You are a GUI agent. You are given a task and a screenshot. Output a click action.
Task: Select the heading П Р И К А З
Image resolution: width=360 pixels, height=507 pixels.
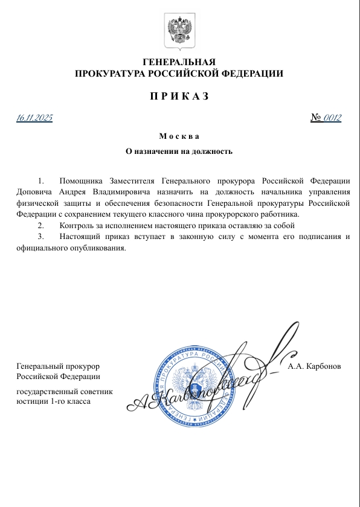pyautogui.click(x=179, y=97)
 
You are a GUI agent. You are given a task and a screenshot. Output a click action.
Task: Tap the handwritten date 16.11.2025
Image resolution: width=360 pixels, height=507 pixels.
pyautogui.click(x=34, y=118)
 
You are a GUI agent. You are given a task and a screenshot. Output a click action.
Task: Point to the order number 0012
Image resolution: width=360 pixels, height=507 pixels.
pyautogui.click(x=333, y=118)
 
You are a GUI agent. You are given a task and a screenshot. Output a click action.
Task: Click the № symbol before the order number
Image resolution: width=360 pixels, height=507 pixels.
pyautogui.click(x=316, y=118)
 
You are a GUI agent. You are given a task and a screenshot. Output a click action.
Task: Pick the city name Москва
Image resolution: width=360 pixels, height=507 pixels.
pyautogui.click(x=179, y=136)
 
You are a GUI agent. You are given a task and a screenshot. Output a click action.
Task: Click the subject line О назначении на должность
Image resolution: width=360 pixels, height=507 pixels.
pyautogui.click(x=179, y=151)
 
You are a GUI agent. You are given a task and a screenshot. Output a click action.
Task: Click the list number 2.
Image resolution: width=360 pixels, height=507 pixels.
pyautogui.click(x=40, y=225)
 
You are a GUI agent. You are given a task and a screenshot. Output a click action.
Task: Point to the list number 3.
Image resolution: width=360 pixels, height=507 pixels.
pyautogui.click(x=40, y=236)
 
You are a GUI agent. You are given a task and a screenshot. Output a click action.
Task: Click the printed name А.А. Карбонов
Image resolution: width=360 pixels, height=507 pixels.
pyautogui.click(x=315, y=366)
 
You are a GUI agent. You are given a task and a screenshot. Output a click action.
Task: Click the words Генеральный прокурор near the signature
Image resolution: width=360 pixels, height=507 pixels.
pyautogui.click(x=57, y=366)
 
